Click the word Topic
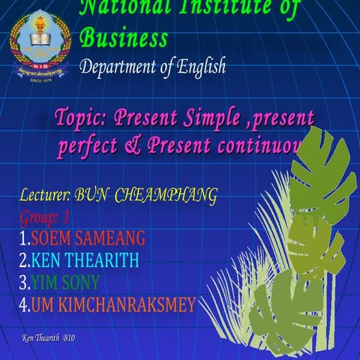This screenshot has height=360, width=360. pyautogui.click(x=79, y=118)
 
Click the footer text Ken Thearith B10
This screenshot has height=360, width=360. pyautogui.click(x=49, y=338)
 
